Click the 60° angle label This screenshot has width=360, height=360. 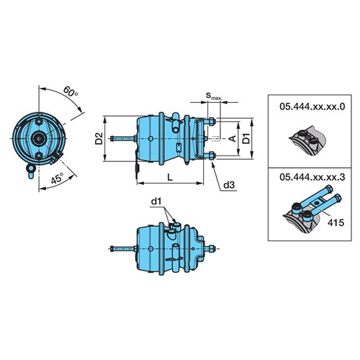pos(71,91)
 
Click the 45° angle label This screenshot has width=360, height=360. pos(57,178)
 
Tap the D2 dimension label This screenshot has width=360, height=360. pos(99,138)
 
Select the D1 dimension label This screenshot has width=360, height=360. pos(246,138)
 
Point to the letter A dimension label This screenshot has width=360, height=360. pos(233,138)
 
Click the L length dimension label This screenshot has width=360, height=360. pos(170,177)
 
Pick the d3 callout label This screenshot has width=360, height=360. pos(229,185)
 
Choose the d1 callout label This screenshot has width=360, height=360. pos(156,202)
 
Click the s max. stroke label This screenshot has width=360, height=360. pos(214,96)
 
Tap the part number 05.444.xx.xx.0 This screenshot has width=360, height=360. pos(312,107)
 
